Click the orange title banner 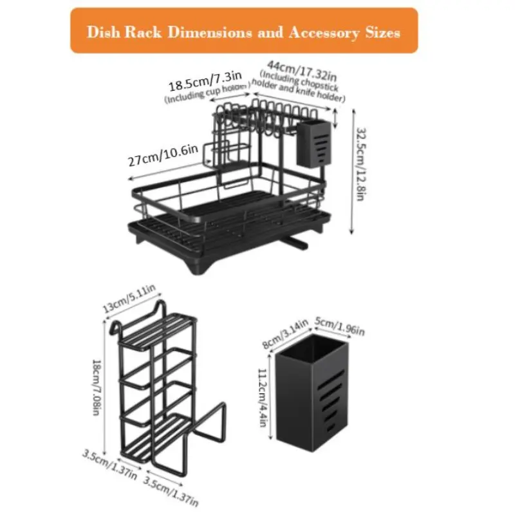(x=244, y=30)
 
